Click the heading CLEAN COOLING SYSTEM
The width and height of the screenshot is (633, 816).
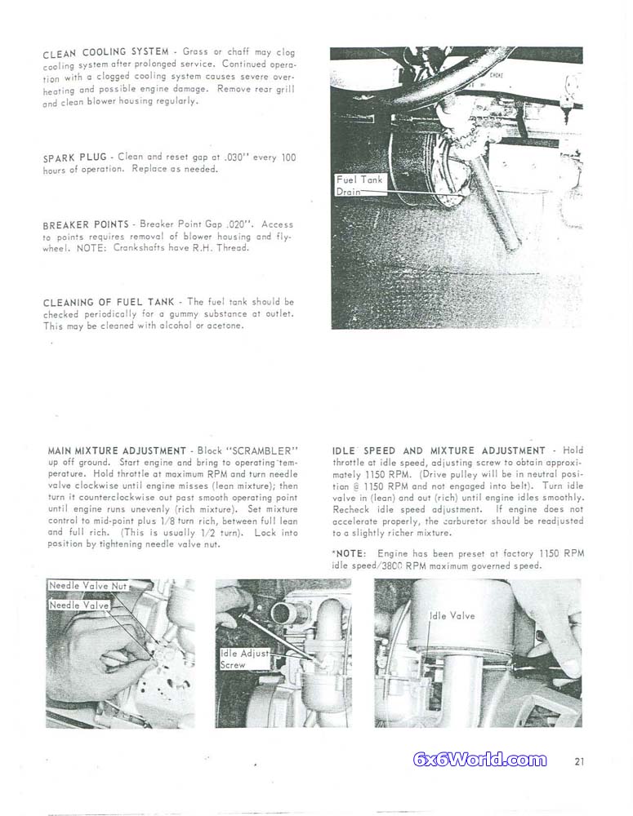click(105, 53)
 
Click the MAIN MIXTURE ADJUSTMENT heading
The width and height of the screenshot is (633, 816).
click(117, 450)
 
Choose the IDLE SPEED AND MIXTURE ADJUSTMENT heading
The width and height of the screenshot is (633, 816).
click(439, 450)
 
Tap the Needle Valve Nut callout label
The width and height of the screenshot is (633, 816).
click(84, 586)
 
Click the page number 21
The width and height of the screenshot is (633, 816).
click(579, 761)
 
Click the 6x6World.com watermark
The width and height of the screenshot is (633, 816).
click(480, 761)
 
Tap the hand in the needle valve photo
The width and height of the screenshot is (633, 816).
click(86, 653)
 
